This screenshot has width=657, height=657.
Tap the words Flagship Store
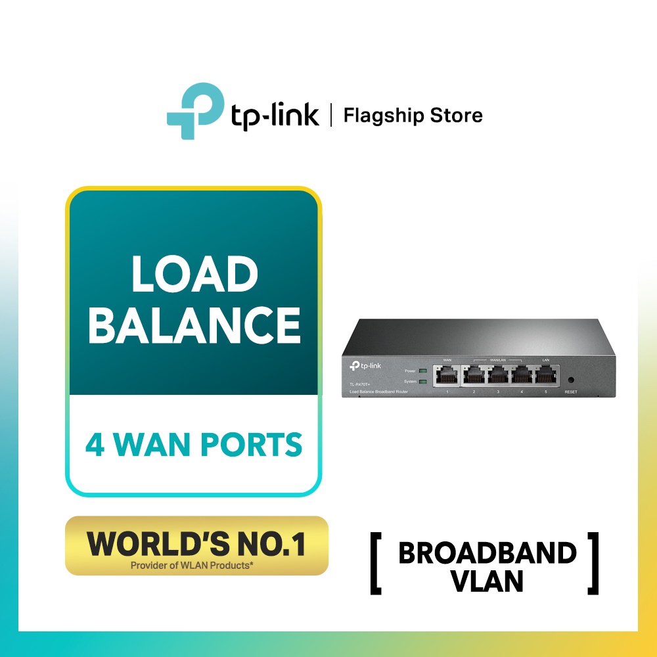click(413, 116)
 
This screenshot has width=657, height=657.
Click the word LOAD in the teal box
click(194, 275)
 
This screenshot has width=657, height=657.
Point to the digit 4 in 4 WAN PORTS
click(95, 445)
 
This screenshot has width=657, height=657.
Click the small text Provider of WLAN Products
click(196, 564)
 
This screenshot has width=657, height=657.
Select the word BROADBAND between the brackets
click(487, 553)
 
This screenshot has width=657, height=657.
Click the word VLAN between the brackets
click(487, 581)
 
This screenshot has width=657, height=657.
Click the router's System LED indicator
click(423, 381)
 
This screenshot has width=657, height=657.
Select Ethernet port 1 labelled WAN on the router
click(447, 376)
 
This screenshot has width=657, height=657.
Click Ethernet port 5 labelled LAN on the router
click(545, 376)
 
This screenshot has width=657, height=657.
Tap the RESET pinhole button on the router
click(570, 380)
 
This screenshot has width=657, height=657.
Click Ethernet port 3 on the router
click(498, 376)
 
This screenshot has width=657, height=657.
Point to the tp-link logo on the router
click(367, 365)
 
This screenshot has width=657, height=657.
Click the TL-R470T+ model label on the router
click(355, 382)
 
